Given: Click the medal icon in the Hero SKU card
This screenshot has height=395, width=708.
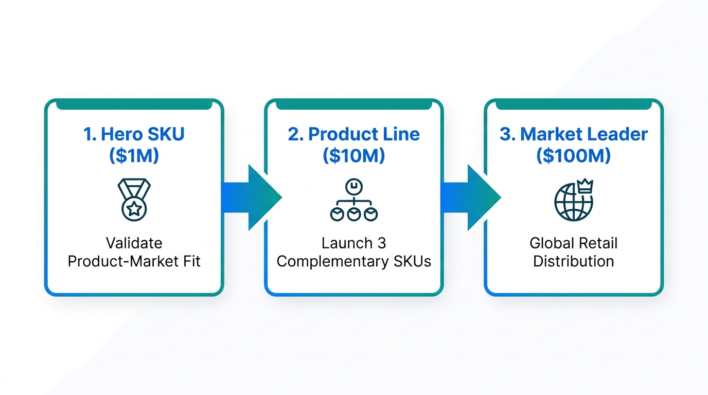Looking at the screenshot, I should (134, 200).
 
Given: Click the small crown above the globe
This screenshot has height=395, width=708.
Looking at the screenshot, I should (586, 186).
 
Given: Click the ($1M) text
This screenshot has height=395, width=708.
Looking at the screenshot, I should (134, 155).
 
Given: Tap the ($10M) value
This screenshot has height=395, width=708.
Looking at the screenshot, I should (353, 155).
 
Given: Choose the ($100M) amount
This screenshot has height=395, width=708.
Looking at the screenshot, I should (573, 155).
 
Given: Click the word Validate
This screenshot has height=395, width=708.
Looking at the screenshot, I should (134, 243).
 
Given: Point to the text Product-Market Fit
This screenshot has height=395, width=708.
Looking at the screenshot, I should (134, 261).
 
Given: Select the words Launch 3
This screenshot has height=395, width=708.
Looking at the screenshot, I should (353, 243).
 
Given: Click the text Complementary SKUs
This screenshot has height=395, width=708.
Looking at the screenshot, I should (353, 261).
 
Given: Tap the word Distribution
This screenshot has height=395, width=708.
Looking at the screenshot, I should (573, 261).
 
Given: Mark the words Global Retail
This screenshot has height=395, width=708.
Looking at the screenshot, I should (573, 243).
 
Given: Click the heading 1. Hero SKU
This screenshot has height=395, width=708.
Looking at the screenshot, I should (134, 134).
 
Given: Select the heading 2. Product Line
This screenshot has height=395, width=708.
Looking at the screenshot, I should (353, 134).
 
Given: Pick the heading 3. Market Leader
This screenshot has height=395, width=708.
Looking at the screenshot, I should (573, 134).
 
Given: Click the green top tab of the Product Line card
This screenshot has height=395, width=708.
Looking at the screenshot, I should (353, 105).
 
